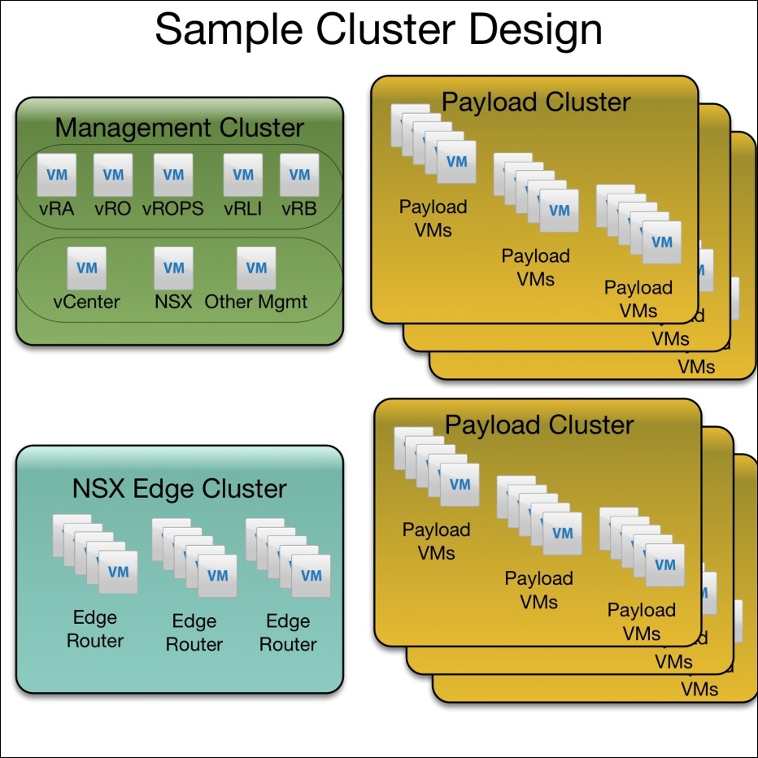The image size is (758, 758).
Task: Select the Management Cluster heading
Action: [179, 128]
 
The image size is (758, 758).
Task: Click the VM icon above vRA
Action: [57, 175]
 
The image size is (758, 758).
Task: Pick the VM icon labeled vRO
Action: [112, 175]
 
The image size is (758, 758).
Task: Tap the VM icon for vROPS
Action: [173, 175]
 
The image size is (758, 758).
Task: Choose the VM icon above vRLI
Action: [243, 175]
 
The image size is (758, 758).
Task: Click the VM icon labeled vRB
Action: [299, 175]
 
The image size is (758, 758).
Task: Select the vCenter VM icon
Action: [86, 268]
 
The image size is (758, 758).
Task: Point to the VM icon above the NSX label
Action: [173, 268]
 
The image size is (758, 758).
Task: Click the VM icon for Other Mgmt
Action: [256, 268]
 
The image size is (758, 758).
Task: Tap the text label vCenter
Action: [86, 302]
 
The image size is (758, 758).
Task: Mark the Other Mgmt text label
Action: [256, 302]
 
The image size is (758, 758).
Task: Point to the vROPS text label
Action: [173, 208]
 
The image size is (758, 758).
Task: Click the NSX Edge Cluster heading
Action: [179, 489]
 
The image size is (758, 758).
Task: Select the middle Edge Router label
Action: [194, 632]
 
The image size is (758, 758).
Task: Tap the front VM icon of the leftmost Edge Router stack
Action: [118, 573]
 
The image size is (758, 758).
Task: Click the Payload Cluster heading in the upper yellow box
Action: [535, 102]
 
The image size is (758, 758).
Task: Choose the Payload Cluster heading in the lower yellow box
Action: [539, 425]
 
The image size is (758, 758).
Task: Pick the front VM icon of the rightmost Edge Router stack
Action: [311, 576]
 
